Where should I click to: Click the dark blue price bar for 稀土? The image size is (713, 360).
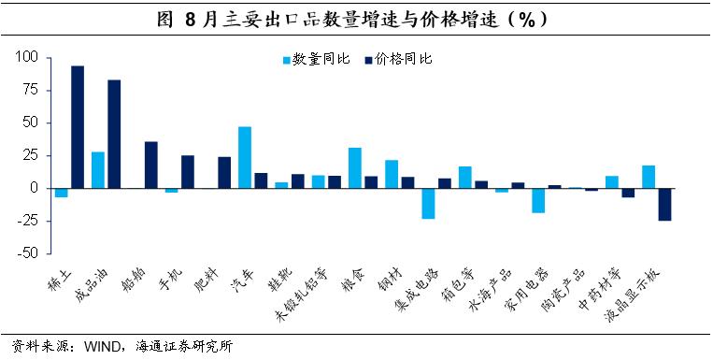coord(78,127)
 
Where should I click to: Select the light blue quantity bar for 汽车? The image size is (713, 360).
coord(245,157)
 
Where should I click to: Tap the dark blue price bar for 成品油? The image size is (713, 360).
coord(114,135)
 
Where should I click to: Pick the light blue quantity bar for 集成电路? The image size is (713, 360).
coord(428,204)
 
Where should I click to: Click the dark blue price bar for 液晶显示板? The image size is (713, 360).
coord(664,205)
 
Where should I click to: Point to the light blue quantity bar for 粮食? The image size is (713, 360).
coord(355,168)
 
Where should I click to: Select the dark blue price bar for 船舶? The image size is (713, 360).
coord(151,165)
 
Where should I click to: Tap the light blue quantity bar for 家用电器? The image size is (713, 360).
coord(538,200)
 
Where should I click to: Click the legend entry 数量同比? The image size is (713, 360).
coord(316,60)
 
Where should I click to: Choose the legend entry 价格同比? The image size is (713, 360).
coord(398,60)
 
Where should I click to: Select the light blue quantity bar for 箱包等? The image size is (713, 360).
coord(465,177)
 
